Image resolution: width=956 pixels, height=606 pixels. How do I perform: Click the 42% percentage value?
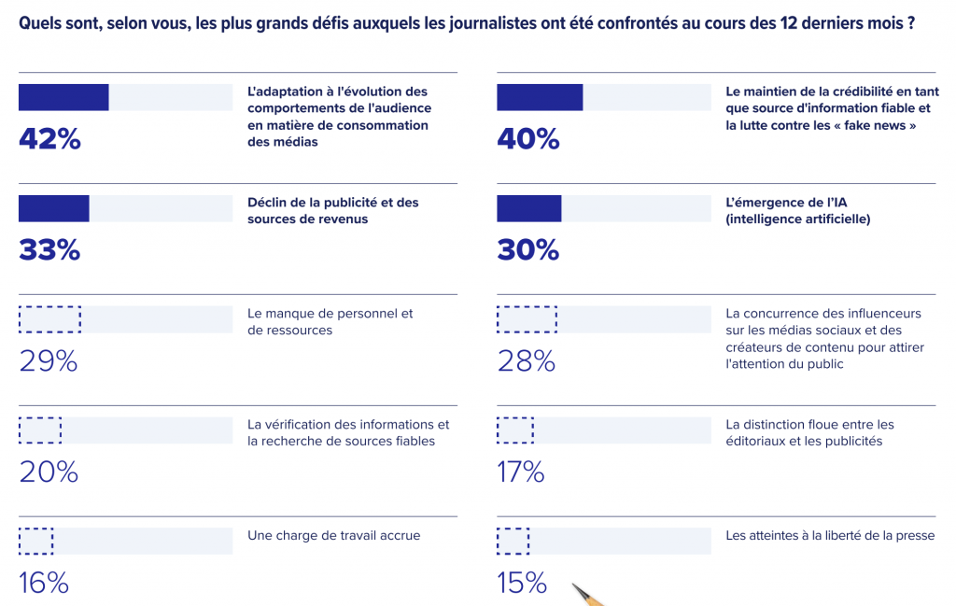click(49, 139)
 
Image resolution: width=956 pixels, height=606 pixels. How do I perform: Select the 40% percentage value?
click(527, 139)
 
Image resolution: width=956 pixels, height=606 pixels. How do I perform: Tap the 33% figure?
click(49, 250)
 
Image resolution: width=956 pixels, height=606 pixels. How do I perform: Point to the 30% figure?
click(527, 250)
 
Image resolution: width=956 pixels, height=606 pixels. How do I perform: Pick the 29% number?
click(49, 361)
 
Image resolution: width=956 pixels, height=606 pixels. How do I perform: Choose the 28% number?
click(527, 361)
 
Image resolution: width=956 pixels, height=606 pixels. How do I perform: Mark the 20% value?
click(49, 472)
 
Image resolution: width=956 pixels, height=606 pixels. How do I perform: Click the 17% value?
click(521, 472)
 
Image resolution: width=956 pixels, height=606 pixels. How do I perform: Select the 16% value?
click(44, 584)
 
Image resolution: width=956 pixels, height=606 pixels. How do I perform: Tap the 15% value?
click(522, 584)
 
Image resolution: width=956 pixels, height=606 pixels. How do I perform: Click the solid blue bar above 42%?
click(63, 97)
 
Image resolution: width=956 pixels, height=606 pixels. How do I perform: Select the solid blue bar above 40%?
click(540, 97)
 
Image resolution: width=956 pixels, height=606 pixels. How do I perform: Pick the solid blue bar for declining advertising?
click(54, 208)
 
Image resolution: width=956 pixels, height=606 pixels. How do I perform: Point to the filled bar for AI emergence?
click(528, 208)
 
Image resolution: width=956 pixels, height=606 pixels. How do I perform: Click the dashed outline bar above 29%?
click(49, 319)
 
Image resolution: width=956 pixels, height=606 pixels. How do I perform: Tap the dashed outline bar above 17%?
click(515, 430)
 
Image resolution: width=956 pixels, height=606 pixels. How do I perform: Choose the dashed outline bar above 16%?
click(36, 542)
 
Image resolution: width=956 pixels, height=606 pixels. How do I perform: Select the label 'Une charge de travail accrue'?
click(334, 536)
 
